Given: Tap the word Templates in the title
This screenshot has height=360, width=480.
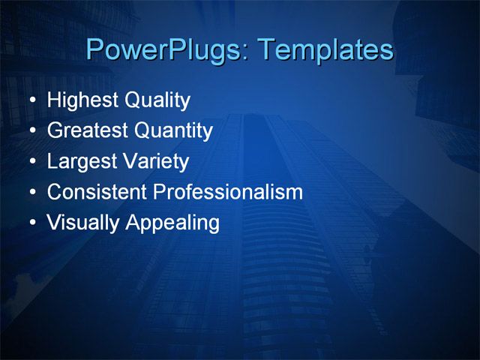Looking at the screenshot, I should tap(325, 50).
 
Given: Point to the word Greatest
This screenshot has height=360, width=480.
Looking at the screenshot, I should tap(87, 131).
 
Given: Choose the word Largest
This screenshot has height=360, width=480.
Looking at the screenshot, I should tap(79, 162).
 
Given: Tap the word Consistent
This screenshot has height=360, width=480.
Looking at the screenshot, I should tap(96, 192).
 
